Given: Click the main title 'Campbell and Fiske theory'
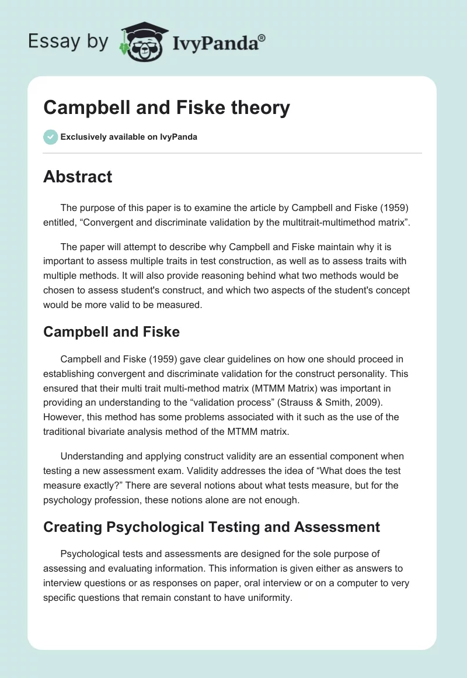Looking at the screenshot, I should point(166,108).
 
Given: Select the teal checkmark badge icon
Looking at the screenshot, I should point(50,137).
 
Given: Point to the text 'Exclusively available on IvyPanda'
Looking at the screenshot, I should point(128,137).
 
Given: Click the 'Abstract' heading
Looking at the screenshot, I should point(78,177).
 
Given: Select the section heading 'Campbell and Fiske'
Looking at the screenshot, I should point(111,332).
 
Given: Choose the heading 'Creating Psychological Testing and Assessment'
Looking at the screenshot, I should point(211,527).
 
